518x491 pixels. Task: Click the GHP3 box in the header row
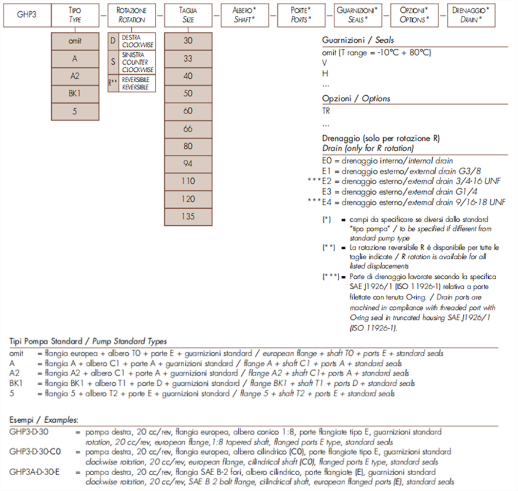tap(27, 15)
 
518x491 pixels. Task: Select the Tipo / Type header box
tap(75, 15)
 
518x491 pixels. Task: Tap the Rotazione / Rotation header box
tap(132, 15)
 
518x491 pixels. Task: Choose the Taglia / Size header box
tap(188, 15)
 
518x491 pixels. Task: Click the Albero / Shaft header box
tap(244, 15)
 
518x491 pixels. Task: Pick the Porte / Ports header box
tap(301, 15)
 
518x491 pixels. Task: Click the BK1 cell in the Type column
tap(75, 93)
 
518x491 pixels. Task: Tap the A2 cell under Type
tap(75, 76)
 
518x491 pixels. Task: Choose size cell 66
tap(188, 128)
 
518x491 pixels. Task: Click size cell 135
tap(188, 216)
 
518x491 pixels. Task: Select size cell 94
tap(188, 163)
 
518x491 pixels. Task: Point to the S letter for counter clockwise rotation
tap(113, 62)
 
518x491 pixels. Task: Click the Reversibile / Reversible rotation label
tap(136, 83)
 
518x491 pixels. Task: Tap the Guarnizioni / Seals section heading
tap(358, 41)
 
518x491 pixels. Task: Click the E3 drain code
tap(327, 192)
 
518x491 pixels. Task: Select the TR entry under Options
tap(326, 111)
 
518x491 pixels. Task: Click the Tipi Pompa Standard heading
tap(88, 341)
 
